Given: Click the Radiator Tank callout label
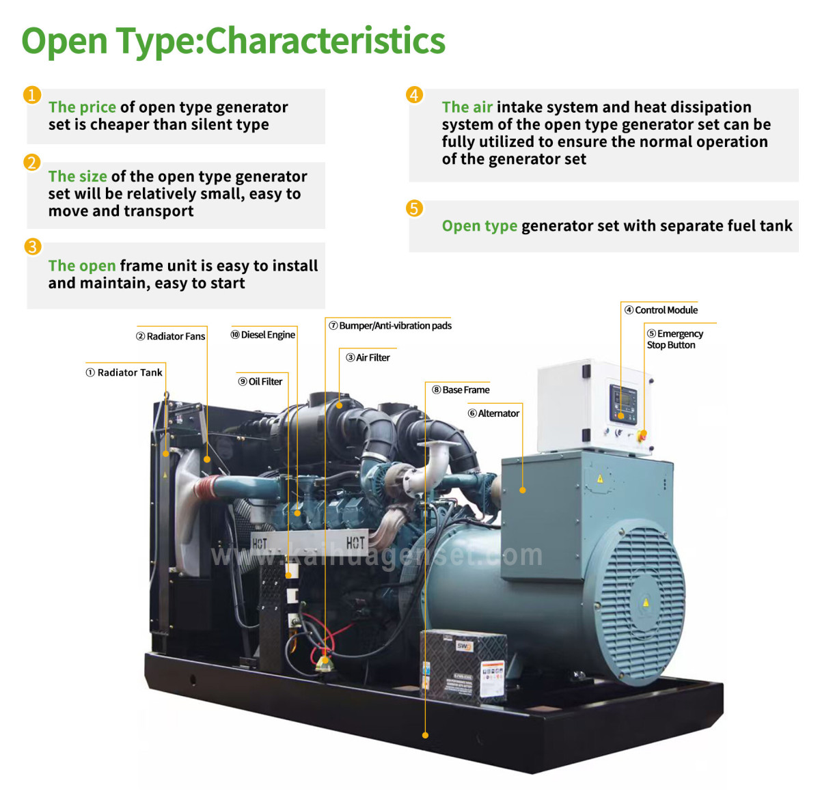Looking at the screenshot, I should coord(124,372).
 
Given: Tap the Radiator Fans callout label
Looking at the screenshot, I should coord(171,336).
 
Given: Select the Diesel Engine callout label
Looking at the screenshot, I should coord(263,335).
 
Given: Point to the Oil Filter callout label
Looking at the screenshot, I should coord(260,382).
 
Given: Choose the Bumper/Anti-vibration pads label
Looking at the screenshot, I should coord(390,326).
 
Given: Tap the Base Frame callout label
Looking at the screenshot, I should coord(461,390).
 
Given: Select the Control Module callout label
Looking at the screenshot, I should coord(661,310).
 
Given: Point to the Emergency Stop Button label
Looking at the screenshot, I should coord(674,339).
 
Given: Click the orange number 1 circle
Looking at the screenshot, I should coord(32,94).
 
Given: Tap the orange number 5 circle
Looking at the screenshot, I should coord(414,208).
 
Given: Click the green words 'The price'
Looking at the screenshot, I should coord(82,107).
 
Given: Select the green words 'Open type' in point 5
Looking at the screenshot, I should coord(479,226).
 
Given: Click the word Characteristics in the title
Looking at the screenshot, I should coord(325,40).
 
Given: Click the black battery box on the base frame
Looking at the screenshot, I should coord(463,666).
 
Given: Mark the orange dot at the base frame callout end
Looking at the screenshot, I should coord(425,735).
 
